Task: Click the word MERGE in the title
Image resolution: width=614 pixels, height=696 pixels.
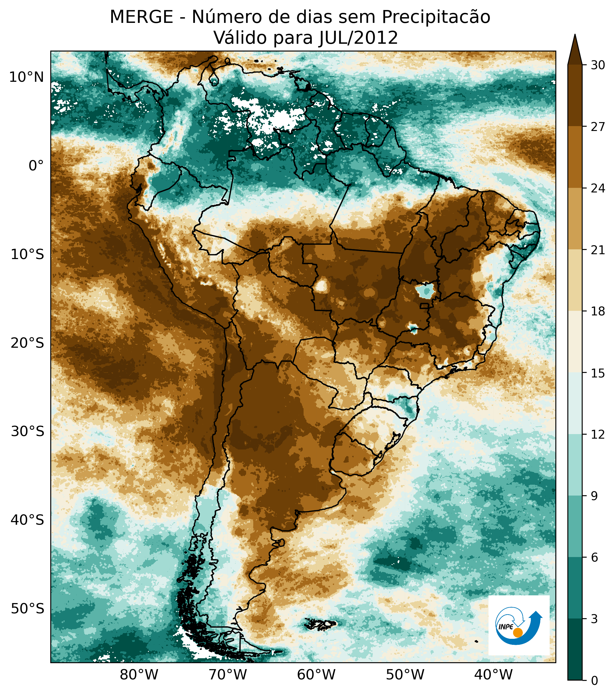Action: (x=141, y=17)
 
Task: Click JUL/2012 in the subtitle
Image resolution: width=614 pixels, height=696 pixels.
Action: (x=358, y=38)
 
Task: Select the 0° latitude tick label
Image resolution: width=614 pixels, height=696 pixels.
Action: (x=36, y=166)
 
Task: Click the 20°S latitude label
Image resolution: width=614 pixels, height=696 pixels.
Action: (x=27, y=343)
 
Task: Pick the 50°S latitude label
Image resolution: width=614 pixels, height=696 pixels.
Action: (x=27, y=608)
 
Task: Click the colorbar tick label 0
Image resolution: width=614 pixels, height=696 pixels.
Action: (x=595, y=681)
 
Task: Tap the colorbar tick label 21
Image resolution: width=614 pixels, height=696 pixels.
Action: (x=598, y=250)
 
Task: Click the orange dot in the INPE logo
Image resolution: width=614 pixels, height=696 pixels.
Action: (x=518, y=633)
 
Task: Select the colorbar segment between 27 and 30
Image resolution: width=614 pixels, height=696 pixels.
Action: (x=575, y=95)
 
